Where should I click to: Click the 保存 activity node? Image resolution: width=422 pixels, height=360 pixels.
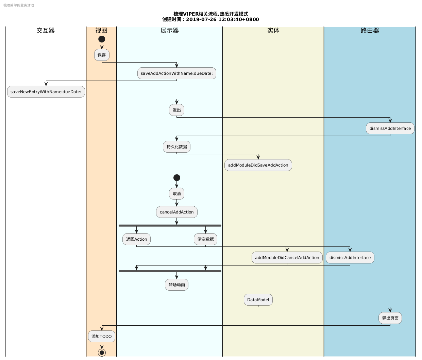tap(102, 55)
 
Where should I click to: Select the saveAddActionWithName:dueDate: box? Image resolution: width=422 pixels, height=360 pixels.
tap(177, 73)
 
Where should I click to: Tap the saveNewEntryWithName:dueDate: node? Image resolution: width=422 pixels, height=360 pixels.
tap(46, 92)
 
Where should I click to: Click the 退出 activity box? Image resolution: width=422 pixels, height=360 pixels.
tap(177, 110)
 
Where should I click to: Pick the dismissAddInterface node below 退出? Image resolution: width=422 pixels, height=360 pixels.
tap(390, 128)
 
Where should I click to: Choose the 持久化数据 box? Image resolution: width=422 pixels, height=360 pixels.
tap(177, 147)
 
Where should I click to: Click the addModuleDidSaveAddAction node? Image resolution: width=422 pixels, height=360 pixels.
tap(258, 165)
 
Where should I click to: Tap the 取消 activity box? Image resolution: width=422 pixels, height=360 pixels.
tap(177, 194)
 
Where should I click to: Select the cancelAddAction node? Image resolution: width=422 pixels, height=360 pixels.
tap(177, 212)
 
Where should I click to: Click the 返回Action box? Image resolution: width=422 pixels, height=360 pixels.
tap(136, 239)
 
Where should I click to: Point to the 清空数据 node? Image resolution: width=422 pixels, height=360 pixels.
tap(205, 239)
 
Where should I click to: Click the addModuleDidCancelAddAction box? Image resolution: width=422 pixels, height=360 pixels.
tap(287, 258)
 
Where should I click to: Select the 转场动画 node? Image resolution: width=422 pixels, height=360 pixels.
tap(177, 285)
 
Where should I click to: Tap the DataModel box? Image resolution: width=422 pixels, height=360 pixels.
tap(258, 300)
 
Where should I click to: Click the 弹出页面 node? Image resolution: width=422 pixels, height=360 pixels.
tap(390, 318)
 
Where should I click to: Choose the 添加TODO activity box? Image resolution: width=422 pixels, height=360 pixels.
tap(102, 337)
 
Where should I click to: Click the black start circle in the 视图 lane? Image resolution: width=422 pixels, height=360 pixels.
tap(102, 39)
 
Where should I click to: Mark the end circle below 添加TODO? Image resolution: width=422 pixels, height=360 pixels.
tap(102, 353)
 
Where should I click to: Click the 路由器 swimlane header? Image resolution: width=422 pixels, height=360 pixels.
tap(370, 31)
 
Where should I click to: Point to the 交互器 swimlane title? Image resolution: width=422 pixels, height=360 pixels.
tap(46, 31)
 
